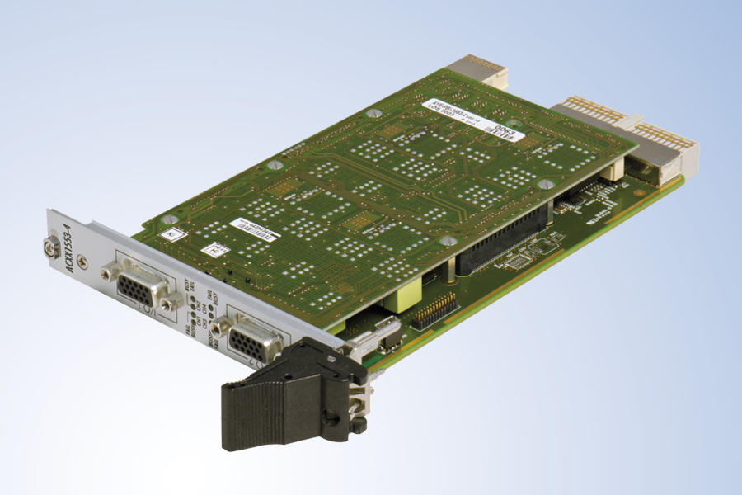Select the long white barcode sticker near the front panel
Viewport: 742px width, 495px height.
pyautogui.click(x=256, y=229)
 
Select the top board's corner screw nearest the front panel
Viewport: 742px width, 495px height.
pyautogui.click(x=169, y=219)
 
